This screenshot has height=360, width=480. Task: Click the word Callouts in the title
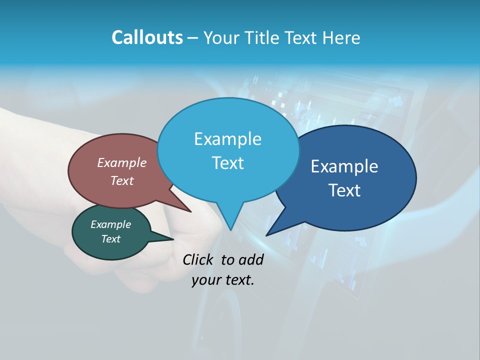(147, 37)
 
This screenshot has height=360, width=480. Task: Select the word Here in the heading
(340, 37)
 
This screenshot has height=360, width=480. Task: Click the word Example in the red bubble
(122, 162)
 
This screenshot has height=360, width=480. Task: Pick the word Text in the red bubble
(122, 180)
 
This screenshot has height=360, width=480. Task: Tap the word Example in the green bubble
(110, 224)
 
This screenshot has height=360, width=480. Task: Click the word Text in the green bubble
(110, 239)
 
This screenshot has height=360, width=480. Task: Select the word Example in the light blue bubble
(227, 138)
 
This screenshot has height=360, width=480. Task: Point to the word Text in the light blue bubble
(227, 162)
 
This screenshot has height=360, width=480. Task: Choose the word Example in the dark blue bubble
(344, 166)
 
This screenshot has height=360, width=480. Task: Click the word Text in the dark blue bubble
(344, 190)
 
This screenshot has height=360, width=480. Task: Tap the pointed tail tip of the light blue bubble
(230, 230)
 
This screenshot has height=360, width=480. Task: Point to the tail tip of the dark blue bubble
(266, 235)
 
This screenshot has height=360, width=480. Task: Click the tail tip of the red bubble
(191, 212)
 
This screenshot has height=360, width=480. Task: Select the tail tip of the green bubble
(173, 239)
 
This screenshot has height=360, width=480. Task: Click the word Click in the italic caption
(198, 259)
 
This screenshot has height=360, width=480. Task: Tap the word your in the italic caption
(205, 280)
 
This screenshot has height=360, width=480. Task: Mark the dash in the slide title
(193, 38)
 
